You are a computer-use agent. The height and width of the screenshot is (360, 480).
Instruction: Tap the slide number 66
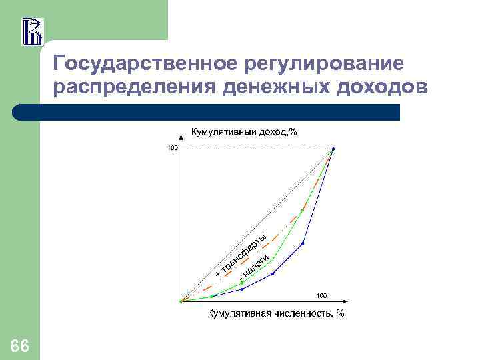[x=20, y=345]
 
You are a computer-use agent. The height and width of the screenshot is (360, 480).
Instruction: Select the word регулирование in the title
[x=324, y=64]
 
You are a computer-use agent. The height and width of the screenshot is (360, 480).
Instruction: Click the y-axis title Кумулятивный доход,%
[x=244, y=131]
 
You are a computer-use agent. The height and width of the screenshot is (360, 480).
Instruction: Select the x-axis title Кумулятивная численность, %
[x=276, y=313]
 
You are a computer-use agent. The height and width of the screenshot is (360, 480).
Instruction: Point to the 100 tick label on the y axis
[x=172, y=148]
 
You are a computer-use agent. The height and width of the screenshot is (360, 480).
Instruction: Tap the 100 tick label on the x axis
[x=321, y=295]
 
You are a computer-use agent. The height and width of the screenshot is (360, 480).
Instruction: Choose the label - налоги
[x=255, y=265]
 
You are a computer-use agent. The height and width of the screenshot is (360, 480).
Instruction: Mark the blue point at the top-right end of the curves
[x=333, y=149]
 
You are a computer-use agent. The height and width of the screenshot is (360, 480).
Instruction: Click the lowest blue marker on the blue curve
[x=242, y=289]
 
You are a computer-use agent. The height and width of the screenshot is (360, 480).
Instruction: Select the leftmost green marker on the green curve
[x=211, y=296]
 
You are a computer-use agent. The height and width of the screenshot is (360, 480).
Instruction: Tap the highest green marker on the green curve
[x=303, y=210]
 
